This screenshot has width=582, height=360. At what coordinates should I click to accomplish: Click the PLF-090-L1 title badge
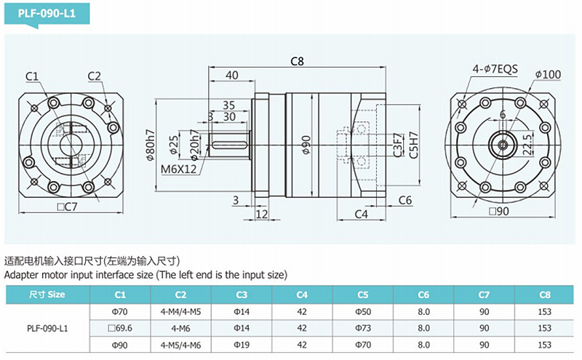click(x=47, y=14)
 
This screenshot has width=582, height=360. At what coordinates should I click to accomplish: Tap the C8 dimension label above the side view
click(x=297, y=61)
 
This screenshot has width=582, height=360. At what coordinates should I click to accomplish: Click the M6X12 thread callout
click(x=178, y=169)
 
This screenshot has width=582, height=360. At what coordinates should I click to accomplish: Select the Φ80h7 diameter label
click(x=151, y=145)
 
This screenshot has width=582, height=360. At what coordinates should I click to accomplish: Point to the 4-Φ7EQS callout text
click(x=495, y=69)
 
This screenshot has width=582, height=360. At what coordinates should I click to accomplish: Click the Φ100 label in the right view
click(x=548, y=75)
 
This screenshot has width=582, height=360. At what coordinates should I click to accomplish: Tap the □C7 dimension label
click(x=67, y=207)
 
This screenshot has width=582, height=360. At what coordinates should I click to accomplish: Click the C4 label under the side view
click(x=361, y=214)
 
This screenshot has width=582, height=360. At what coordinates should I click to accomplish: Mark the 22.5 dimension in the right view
click(x=527, y=145)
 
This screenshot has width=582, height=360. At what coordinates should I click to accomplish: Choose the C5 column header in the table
click(x=362, y=295)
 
